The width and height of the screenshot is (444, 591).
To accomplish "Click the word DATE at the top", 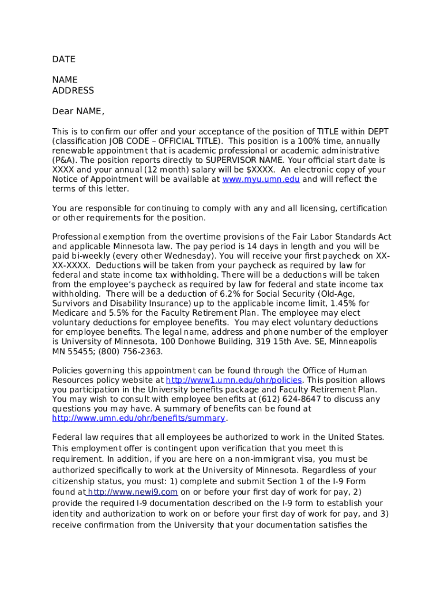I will pyautogui.click(x=64, y=59).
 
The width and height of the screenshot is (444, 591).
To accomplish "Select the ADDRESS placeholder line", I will pyautogui.click(x=73, y=91).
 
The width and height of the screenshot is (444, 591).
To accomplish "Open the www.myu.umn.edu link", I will pyautogui.click(x=261, y=179).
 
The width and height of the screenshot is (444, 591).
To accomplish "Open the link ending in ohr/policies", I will pyautogui.click(x=234, y=380).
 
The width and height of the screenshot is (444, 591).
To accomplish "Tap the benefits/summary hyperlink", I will pyautogui.click(x=138, y=418).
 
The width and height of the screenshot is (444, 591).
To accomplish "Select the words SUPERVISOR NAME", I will pyautogui.click(x=243, y=160).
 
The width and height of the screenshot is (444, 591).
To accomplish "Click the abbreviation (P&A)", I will pyautogui.click(x=64, y=160).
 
